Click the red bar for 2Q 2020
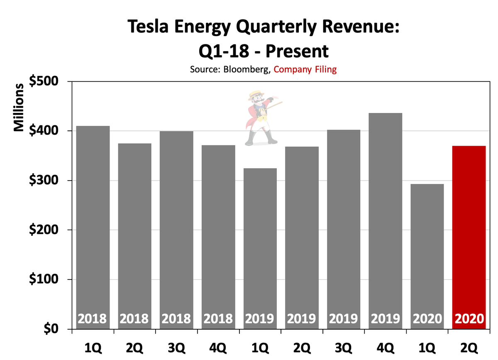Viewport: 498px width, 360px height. click(x=469, y=237)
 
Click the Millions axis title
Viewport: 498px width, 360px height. click(x=19, y=107)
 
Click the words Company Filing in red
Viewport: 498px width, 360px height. click(x=305, y=69)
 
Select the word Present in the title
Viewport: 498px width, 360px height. click(x=296, y=51)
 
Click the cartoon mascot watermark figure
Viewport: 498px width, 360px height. click(x=261, y=118)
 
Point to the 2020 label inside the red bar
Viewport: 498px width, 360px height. click(x=469, y=319)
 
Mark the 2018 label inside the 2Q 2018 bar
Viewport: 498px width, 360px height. click(x=134, y=319)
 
